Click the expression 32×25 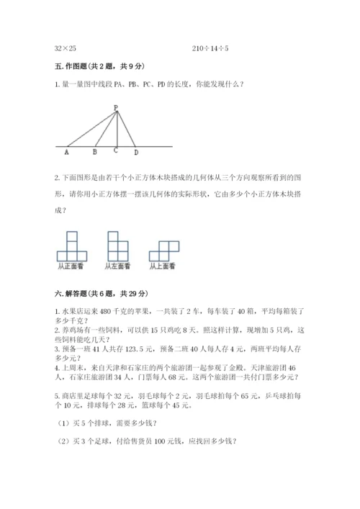(x=66, y=48)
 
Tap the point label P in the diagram (x=115, y=107)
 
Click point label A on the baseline (x=67, y=153)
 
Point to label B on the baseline (x=95, y=153)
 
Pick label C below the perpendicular (x=116, y=151)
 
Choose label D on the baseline (x=137, y=153)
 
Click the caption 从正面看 (x=71, y=266)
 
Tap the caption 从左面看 (x=117, y=266)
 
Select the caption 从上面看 (x=163, y=266)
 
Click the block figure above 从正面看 (x=71, y=246)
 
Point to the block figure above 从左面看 (x=117, y=246)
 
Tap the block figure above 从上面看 (x=163, y=250)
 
